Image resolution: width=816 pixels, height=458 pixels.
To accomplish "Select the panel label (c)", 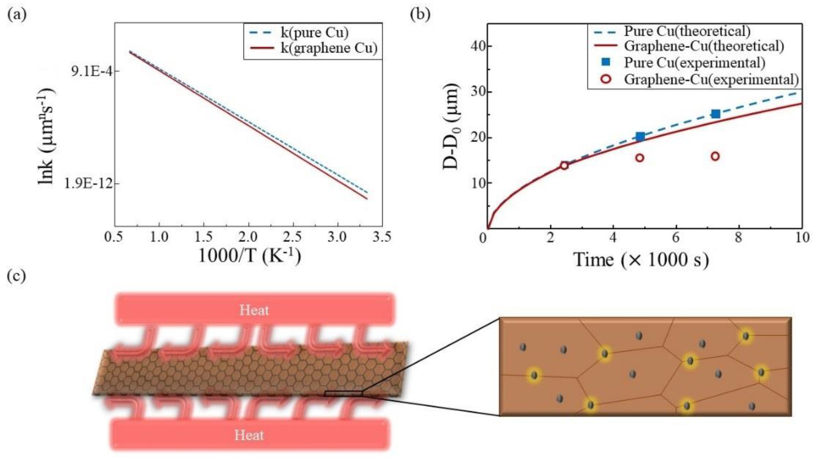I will click(16, 276).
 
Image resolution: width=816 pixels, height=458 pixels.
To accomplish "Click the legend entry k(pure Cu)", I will click(314, 33).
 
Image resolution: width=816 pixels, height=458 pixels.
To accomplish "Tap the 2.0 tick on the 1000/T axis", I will click(248, 237).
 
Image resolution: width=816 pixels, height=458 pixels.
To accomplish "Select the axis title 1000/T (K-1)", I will click(249, 256).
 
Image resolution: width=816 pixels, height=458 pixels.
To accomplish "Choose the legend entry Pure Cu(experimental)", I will click(694, 62).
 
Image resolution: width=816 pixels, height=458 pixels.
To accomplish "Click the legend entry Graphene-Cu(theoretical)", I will click(703, 46).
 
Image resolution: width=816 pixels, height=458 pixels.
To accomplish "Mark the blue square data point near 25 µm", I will click(715, 114).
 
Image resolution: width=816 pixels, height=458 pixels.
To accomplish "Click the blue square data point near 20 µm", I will click(640, 137).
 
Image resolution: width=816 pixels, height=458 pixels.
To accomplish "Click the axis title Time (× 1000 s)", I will click(641, 260).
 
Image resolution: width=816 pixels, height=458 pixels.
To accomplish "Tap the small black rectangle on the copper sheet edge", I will click(343, 393).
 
